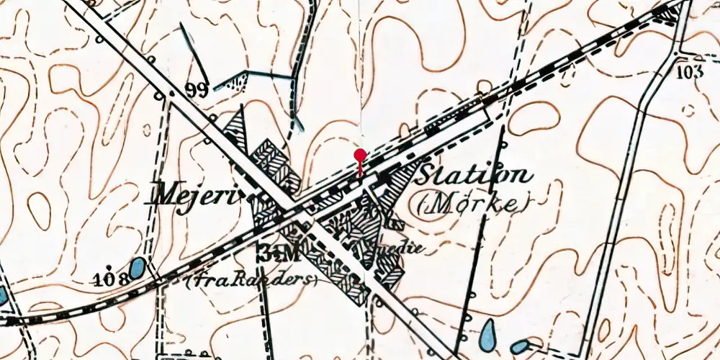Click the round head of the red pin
tap(360, 154)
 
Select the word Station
tap(475, 175)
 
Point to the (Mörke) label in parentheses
tap(469, 205)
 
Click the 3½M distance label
tap(278, 254)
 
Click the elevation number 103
tap(690, 71)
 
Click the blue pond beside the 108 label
tap(137, 269)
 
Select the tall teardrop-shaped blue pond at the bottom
tap(488, 333)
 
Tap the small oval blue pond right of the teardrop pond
tap(519, 347)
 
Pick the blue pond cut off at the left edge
tap(2, 295)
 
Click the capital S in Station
tap(428, 175)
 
